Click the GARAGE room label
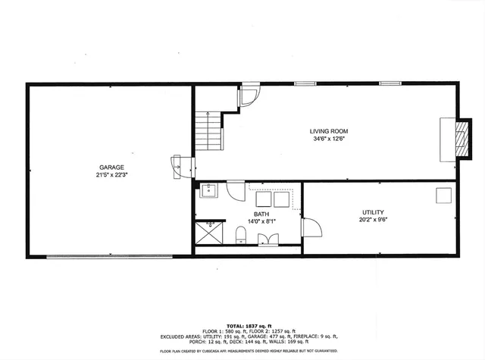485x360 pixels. point(111,167)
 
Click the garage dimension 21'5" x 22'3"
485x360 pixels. point(111,174)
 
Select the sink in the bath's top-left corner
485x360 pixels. point(209,190)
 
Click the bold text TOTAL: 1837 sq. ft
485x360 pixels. point(242,325)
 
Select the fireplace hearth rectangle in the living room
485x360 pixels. point(448,138)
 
